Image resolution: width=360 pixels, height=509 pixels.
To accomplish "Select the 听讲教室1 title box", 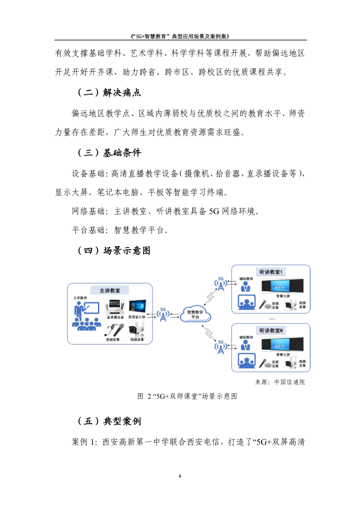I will point(271,272).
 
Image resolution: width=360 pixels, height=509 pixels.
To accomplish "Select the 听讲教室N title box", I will point(271,330).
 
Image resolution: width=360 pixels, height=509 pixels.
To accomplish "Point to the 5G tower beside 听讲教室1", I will point(221,284).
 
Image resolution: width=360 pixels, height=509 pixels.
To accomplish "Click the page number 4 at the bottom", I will point(180,476).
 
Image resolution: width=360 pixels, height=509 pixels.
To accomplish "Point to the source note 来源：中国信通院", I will point(280,382).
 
